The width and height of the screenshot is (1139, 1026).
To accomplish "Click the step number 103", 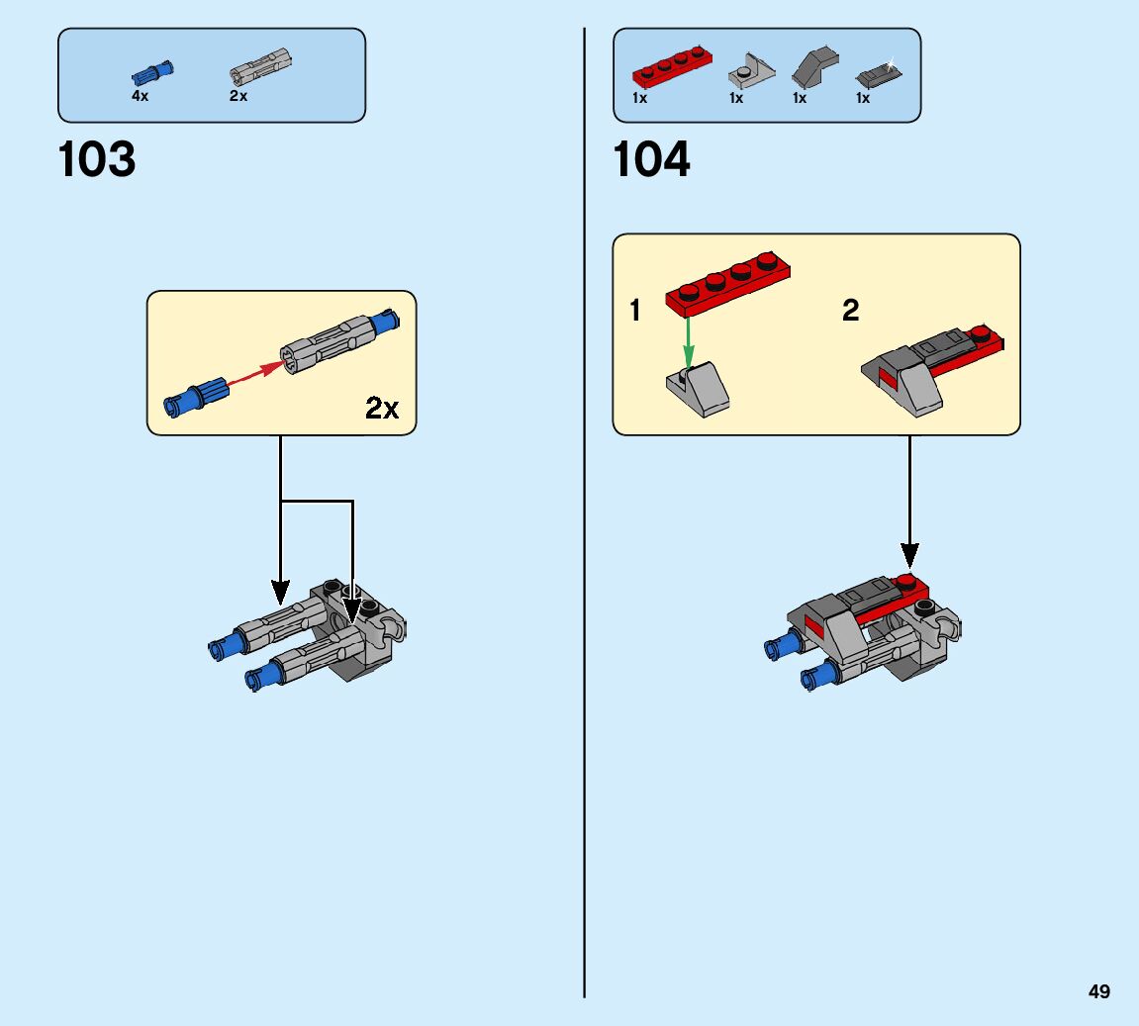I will tap(97, 160).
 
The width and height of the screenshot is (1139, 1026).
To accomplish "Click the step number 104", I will tap(652, 160).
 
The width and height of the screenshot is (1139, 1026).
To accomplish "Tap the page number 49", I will tap(1098, 991).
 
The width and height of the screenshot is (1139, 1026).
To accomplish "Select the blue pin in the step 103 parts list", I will tap(152, 73).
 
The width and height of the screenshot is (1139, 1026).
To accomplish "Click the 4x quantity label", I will tap(140, 97).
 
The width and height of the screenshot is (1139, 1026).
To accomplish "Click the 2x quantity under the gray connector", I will tap(238, 97).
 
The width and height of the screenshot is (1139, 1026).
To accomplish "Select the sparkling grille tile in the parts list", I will tap(875, 73).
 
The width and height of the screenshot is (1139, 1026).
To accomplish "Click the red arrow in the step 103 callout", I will tap(254, 377).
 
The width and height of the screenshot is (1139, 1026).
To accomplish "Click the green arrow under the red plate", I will tap(689, 341).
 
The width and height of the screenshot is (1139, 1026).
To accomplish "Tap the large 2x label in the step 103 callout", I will tap(382, 408).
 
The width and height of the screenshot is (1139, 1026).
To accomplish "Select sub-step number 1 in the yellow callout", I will tap(635, 311).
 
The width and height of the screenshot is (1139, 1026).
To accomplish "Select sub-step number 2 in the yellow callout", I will tap(850, 311).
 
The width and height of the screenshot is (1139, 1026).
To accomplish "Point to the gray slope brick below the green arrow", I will tap(699, 389).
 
